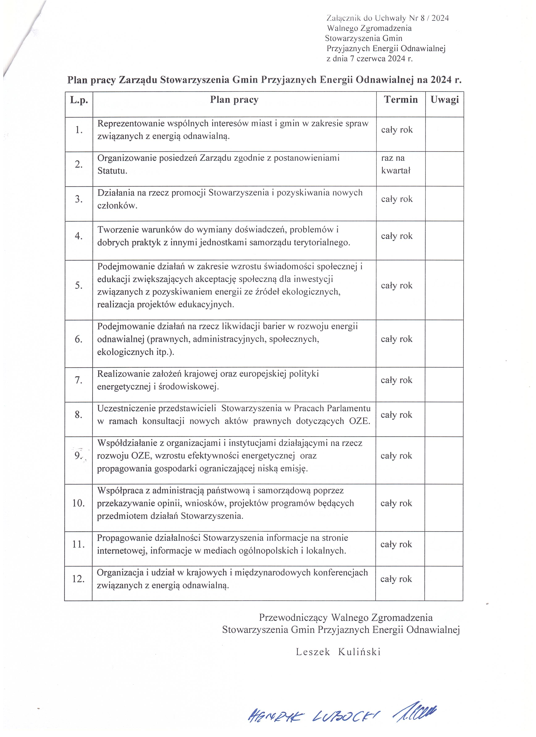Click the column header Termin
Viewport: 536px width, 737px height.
click(401, 100)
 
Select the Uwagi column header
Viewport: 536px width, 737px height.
click(444, 100)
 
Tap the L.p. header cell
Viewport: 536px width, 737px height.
click(79, 100)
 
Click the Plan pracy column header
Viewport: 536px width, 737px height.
click(234, 100)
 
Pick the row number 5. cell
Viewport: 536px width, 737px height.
click(79, 285)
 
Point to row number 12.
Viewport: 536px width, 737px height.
click(78, 579)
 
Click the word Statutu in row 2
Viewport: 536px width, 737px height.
click(112, 170)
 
